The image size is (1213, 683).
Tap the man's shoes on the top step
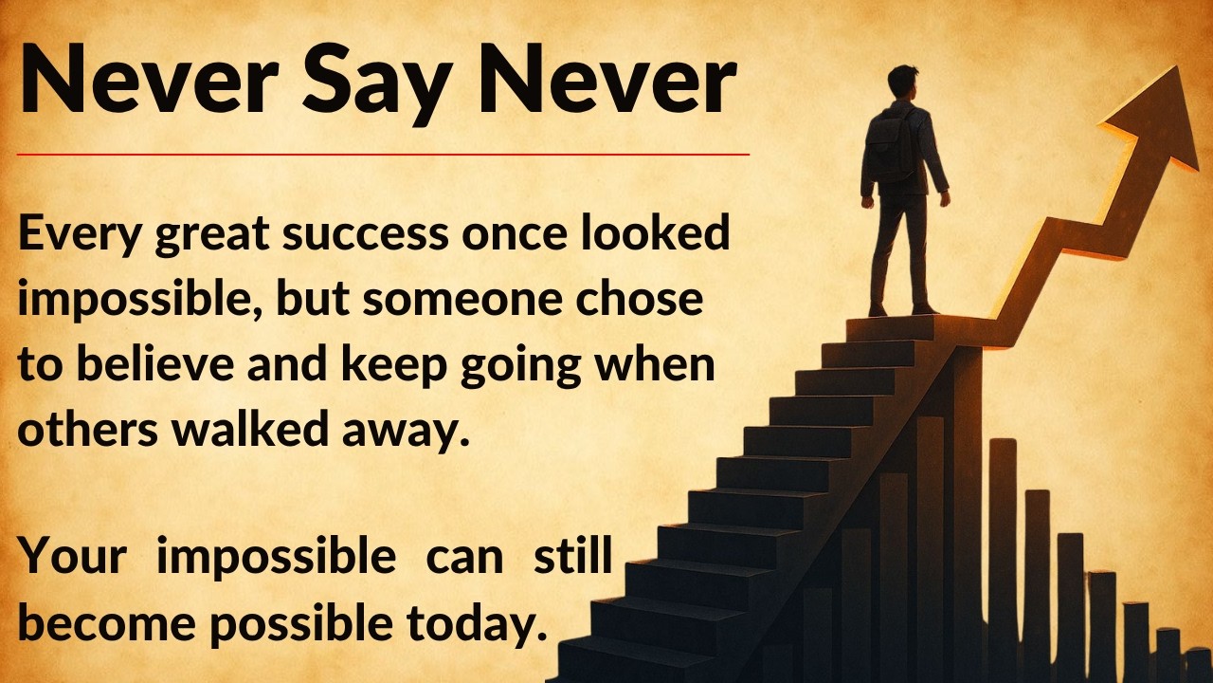pos(901,309)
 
